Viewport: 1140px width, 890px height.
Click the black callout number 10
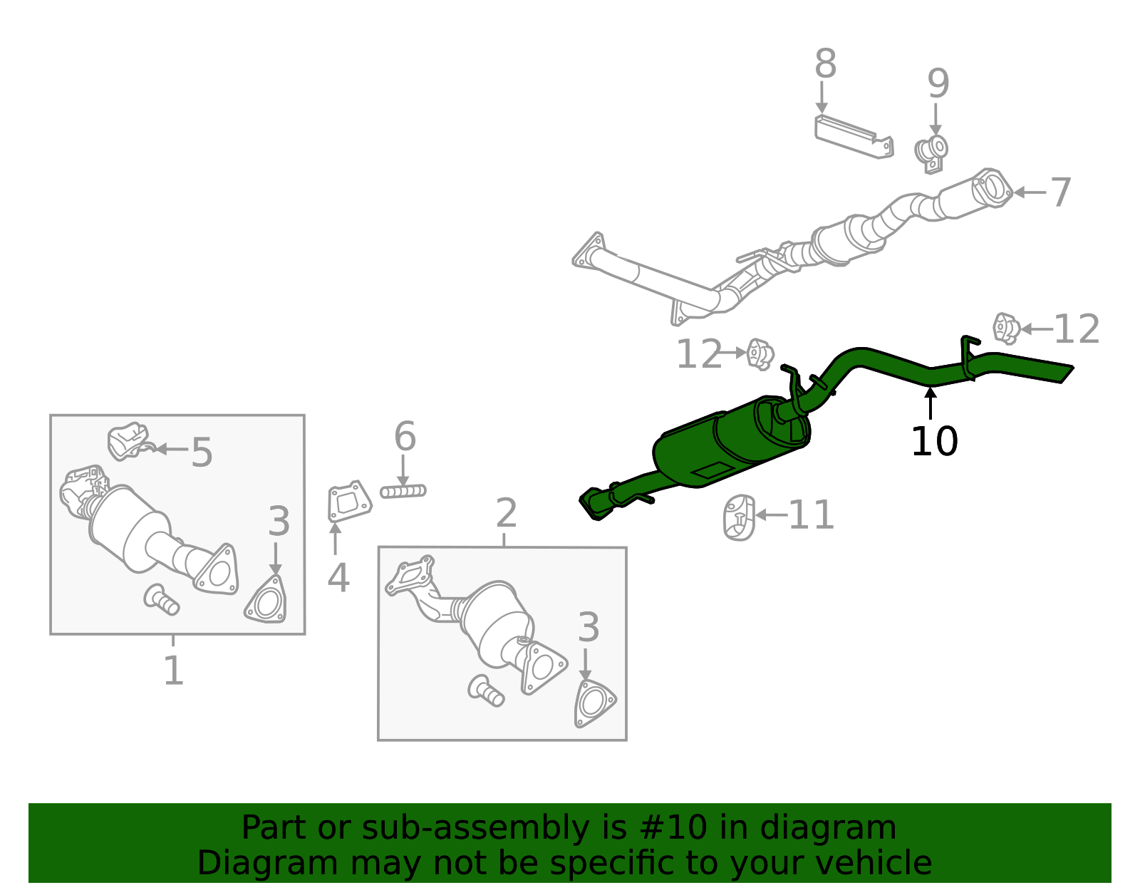[934, 442]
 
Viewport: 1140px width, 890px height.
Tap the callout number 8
[825, 64]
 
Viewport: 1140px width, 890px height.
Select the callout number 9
[938, 84]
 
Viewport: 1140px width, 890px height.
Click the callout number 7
[1061, 192]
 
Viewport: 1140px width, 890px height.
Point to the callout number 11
[811, 515]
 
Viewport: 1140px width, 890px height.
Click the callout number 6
[405, 436]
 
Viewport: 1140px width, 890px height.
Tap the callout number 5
[202, 452]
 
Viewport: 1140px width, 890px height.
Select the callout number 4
[338, 578]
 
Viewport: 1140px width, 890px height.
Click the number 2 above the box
[506, 513]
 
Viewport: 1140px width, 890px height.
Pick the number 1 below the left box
[173, 671]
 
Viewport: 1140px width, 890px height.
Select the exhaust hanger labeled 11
[740, 517]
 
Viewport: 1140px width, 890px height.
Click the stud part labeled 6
[403, 491]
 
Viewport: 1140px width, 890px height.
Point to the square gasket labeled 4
[349, 502]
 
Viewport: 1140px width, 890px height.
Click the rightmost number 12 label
[1076, 329]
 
